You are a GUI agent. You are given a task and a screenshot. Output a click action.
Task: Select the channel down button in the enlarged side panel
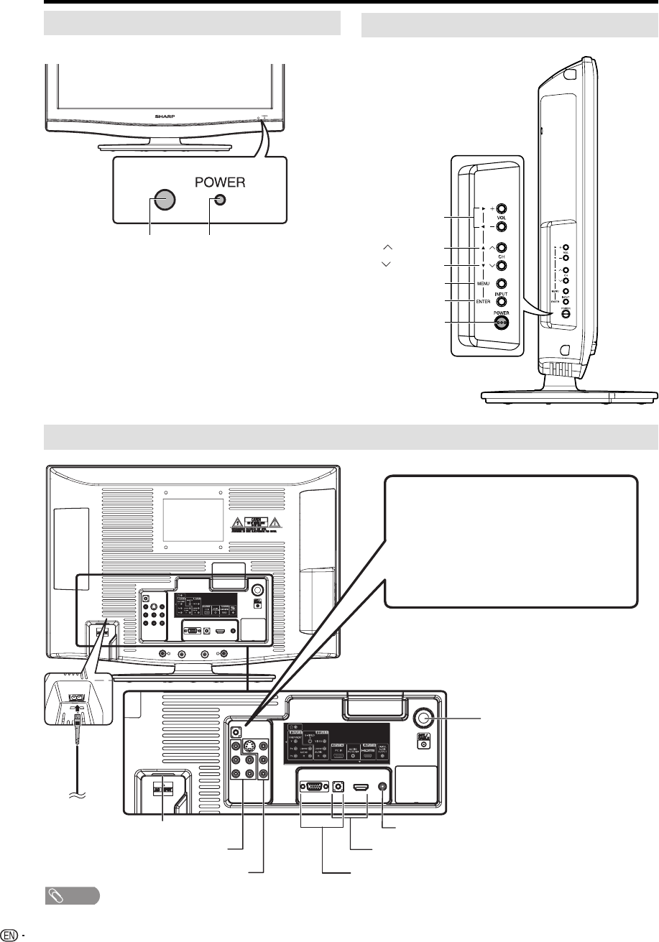(502, 266)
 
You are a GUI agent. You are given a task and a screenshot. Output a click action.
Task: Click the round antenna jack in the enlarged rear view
(424, 719)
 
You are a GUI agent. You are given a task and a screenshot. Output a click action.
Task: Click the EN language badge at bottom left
(9, 933)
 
